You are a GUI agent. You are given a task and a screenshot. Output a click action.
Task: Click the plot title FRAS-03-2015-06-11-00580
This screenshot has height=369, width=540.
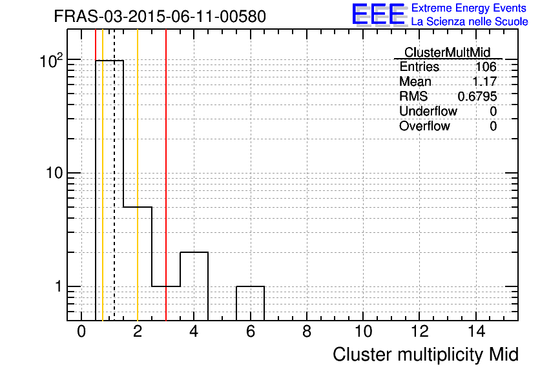[x=160, y=16]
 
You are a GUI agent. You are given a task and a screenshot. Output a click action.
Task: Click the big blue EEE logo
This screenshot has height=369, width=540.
[x=379, y=15]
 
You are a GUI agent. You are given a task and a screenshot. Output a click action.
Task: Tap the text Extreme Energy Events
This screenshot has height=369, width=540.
[x=469, y=8]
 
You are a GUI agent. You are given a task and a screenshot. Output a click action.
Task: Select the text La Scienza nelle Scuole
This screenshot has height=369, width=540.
[x=470, y=21]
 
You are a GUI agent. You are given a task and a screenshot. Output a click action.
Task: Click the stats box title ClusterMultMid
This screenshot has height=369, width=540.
[x=447, y=52]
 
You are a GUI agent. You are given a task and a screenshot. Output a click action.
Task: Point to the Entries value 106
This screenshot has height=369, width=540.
[x=486, y=66]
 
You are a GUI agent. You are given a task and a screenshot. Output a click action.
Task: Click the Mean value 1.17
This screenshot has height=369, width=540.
[x=484, y=81]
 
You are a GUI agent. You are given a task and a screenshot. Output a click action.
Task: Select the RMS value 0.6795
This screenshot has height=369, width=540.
[x=477, y=96]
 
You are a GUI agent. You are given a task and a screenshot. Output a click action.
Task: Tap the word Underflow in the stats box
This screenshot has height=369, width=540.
[x=428, y=111]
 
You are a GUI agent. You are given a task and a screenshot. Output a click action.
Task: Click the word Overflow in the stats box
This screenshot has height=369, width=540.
[x=424, y=126]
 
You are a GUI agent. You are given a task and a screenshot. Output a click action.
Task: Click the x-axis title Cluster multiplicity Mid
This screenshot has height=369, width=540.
[x=425, y=355]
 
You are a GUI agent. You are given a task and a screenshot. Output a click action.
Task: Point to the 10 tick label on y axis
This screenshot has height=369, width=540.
[x=55, y=173]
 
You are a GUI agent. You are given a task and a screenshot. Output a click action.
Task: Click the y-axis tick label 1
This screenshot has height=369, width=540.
[x=59, y=286]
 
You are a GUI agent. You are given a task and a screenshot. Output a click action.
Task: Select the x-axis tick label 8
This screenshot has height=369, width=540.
[x=307, y=332]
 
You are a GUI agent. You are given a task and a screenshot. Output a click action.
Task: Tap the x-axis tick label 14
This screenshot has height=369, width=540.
[x=476, y=332]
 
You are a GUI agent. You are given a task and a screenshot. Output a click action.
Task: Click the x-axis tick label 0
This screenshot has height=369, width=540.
[x=81, y=332]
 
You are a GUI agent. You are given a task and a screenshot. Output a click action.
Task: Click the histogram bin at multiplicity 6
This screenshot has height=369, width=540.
[x=251, y=303]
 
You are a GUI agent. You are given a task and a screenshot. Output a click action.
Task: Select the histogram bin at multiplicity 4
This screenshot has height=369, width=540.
[x=194, y=286]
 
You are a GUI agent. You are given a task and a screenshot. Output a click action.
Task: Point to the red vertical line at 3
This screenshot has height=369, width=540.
[x=166, y=175]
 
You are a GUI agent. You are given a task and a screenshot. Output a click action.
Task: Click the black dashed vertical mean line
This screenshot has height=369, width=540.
[x=114, y=175]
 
